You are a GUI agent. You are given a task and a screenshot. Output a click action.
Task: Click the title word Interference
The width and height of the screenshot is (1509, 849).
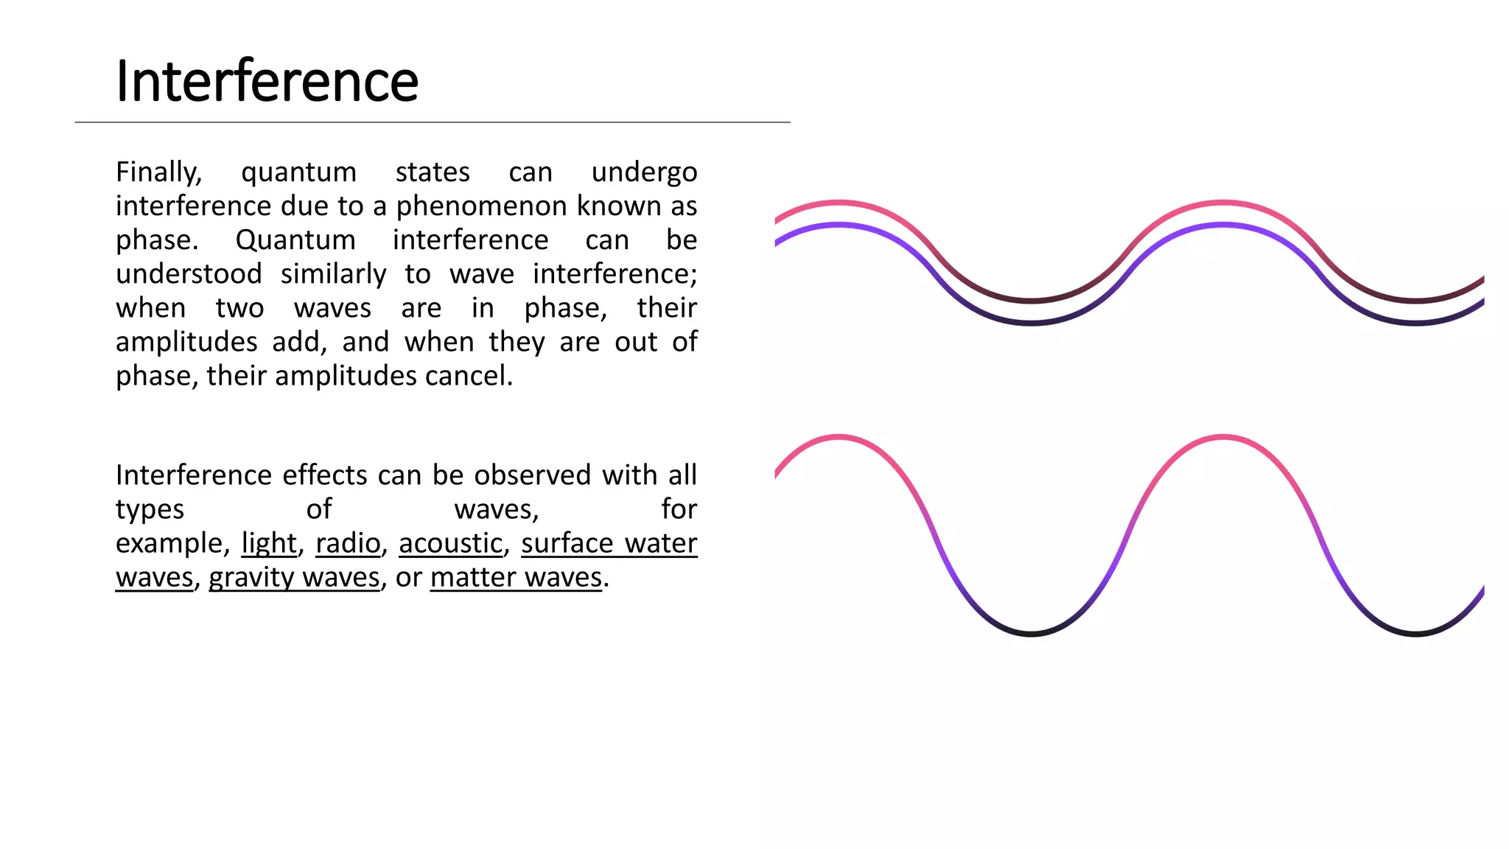[267, 81]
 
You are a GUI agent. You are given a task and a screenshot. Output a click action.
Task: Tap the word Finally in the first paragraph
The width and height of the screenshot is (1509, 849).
[158, 172]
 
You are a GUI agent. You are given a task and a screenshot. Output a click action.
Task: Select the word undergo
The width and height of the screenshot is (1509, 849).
[644, 172]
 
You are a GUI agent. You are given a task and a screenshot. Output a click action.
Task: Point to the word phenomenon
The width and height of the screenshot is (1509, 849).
[482, 206]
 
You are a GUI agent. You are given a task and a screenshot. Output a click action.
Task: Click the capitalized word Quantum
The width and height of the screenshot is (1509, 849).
[295, 240]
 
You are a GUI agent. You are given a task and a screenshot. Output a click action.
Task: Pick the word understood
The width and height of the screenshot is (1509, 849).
[189, 274]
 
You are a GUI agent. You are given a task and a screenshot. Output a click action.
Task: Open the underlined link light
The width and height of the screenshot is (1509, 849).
[269, 543]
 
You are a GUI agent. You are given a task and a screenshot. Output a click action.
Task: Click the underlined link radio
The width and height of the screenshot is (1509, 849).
[348, 543]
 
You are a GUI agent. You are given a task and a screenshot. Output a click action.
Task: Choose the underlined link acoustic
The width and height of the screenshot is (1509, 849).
[450, 543]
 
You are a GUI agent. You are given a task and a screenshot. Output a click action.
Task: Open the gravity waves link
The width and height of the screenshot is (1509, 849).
[294, 577]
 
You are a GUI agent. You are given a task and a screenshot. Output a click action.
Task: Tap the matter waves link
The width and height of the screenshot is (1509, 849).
[516, 577]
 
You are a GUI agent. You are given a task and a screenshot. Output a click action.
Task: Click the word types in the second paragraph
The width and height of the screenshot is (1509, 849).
[150, 509]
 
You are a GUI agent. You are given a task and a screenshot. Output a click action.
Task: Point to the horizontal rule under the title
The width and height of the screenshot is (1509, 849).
[433, 122]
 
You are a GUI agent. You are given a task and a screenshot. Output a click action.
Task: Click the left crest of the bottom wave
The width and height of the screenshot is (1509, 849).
[839, 439]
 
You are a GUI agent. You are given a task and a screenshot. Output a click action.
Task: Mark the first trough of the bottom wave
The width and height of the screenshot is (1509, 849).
[1032, 632]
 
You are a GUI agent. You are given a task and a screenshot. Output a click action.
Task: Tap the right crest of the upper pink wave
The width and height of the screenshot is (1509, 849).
[1223, 202]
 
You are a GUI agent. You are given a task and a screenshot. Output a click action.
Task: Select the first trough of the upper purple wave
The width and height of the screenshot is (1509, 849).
[1032, 322]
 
